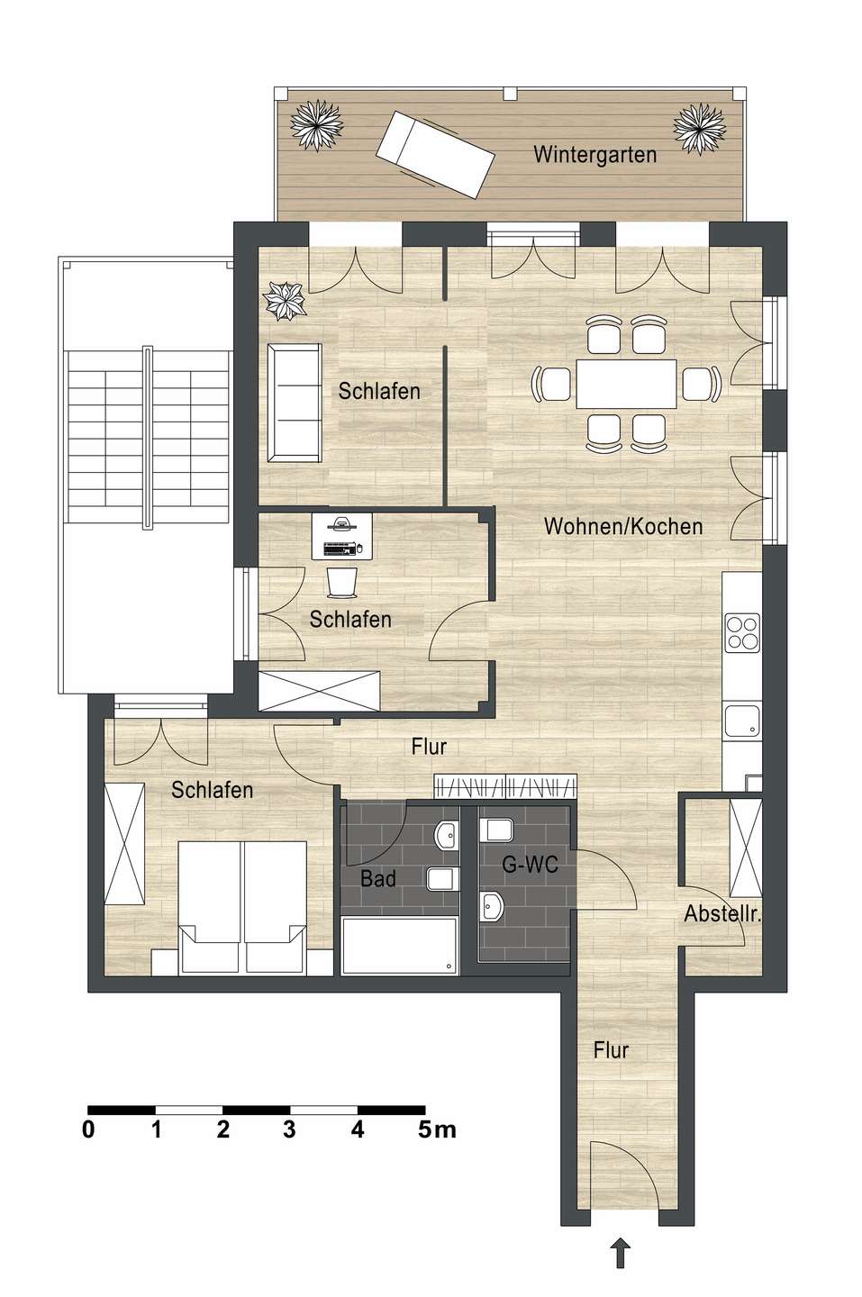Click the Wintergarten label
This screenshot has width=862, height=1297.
coord(594,154)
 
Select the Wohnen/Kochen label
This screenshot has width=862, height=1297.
coord(623,526)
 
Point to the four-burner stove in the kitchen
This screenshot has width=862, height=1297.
coord(743,631)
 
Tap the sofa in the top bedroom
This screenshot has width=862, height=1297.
coord(295,402)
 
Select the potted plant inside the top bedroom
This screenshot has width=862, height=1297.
coord(286,301)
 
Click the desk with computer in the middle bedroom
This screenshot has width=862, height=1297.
coord(342,537)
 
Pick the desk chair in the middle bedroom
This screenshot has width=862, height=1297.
coord(341,582)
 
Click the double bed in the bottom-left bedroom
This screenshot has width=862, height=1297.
coord(242,906)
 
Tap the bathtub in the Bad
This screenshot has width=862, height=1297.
coord(400,946)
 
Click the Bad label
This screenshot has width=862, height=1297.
coord(378,878)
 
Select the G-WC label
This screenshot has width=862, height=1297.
coord(530,866)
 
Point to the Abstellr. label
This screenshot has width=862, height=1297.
coord(722,915)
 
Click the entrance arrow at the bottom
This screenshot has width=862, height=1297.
coord(620,1252)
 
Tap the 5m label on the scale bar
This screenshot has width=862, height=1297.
coord(437,1130)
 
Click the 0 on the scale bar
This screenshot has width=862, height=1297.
coord(88,1130)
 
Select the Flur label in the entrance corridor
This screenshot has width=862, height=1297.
coord(611,1049)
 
